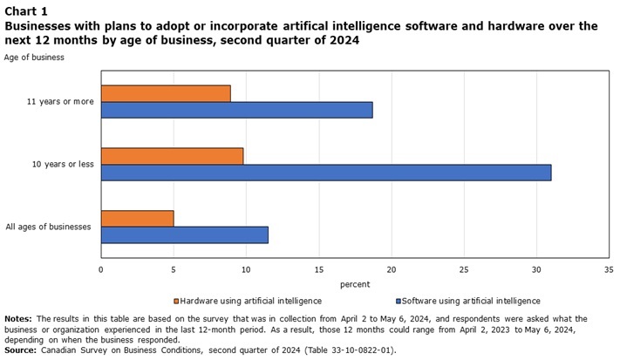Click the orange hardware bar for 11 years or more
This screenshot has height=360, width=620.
(x=166, y=93)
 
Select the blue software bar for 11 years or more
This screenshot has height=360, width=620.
(x=236, y=110)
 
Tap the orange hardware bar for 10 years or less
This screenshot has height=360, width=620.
(x=172, y=156)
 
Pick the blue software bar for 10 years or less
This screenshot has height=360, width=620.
(x=326, y=173)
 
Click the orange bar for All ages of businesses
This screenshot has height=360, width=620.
(x=137, y=218)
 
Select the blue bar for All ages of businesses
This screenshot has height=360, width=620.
(x=184, y=234)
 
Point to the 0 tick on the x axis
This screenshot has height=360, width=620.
(x=101, y=269)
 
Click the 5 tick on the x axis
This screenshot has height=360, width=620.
(x=174, y=269)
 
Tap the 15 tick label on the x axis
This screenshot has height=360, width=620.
(x=318, y=269)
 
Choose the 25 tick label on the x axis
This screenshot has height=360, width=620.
(x=464, y=269)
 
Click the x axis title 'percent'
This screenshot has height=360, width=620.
(x=355, y=284)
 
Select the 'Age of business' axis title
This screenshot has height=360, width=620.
(x=34, y=58)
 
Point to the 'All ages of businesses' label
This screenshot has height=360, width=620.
(x=49, y=227)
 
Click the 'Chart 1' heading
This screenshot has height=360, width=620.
(x=27, y=10)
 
